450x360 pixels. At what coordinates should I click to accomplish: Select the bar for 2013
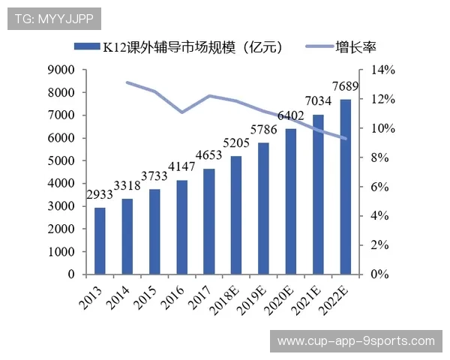pyautogui.click(x=100, y=241)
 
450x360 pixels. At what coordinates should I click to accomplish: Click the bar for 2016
pyautogui.click(x=181, y=227)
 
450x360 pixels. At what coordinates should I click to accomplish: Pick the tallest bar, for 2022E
pyautogui.click(x=345, y=187)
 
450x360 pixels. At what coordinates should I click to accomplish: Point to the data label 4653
pyautogui.click(x=208, y=156)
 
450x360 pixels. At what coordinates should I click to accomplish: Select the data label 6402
pyautogui.click(x=290, y=115)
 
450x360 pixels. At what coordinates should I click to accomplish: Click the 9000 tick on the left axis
pyautogui.click(x=61, y=70)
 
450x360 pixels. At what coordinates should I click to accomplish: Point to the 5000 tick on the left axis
pyautogui.click(x=61, y=160)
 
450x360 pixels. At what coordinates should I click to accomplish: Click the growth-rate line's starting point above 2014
pyautogui.click(x=127, y=82)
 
